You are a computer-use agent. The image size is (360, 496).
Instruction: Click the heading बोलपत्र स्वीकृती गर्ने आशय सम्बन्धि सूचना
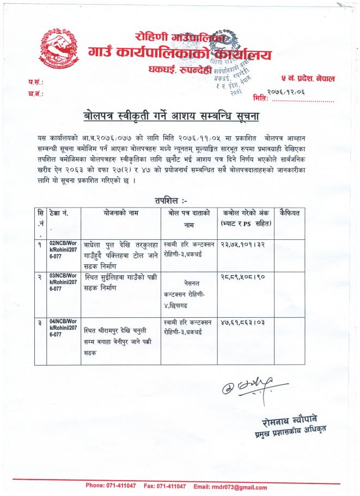[x=179, y=115]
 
